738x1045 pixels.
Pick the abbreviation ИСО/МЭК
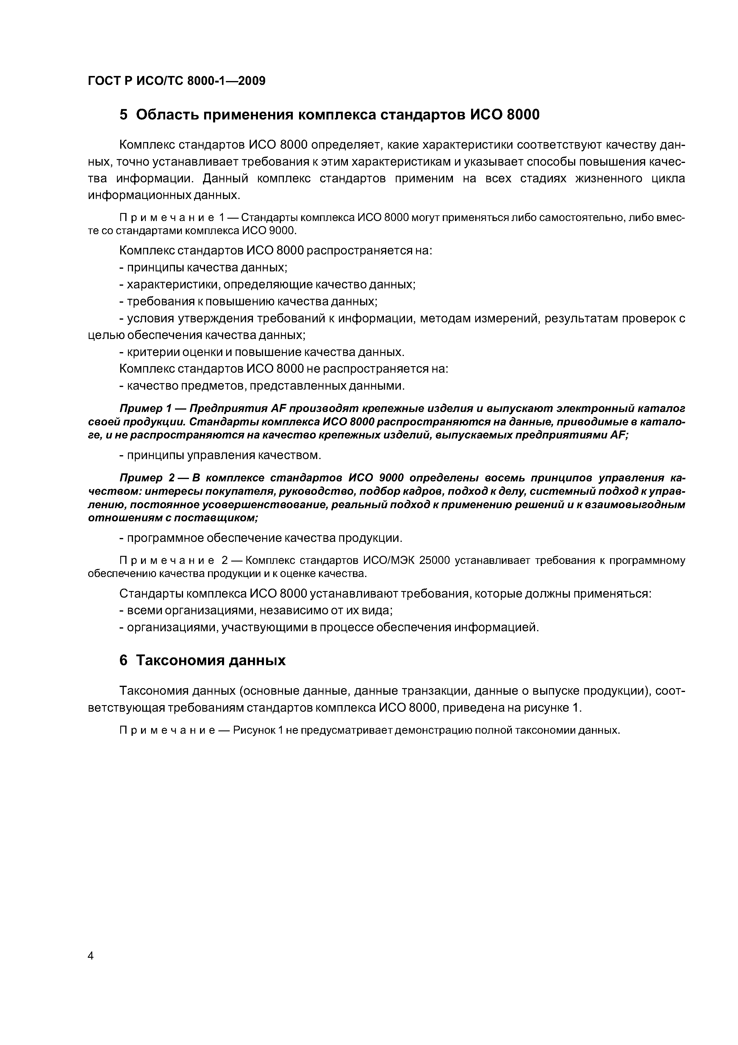point(390,560)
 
